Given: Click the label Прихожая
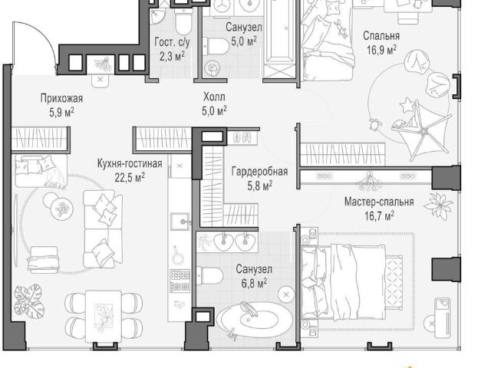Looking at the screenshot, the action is point(61,99).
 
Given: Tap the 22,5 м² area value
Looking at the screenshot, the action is point(130,178).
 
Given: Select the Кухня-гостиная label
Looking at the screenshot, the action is point(130,163).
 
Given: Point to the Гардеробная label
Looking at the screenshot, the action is point(259,172).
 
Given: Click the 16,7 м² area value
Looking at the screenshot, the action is point(379,215).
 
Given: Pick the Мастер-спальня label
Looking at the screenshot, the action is point(379,202).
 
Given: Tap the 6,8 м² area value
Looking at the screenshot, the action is point(254,284).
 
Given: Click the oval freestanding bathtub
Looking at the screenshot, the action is point(255,320).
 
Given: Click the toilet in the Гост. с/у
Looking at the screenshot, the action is point(183,21).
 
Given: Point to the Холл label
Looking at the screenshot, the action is point(214,97).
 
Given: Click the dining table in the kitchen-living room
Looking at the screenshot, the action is point(104,317).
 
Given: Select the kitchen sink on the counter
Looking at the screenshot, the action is point(180,222).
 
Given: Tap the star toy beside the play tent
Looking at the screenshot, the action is point(407,105).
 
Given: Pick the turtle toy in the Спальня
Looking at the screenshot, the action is point(375,124).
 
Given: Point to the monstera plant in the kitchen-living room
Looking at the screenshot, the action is point(29,301).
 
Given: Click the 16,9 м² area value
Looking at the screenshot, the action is point(382,50).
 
